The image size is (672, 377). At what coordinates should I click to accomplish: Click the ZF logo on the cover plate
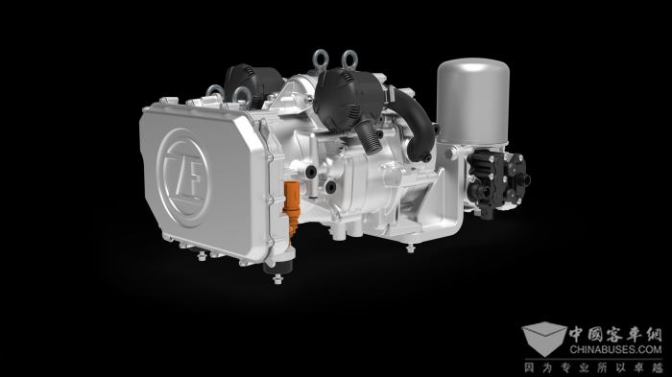pyautogui.click(x=183, y=177)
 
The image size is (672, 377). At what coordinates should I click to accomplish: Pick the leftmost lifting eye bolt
pyautogui.click(x=215, y=92)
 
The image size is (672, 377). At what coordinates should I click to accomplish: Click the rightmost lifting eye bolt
pyautogui.click(x=349, y=60)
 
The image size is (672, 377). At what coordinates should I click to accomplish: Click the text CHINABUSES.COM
pyautogui.click(x=615, y=349)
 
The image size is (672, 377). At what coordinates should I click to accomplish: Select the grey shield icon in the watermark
pyautogui.click(x=544, y=338)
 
